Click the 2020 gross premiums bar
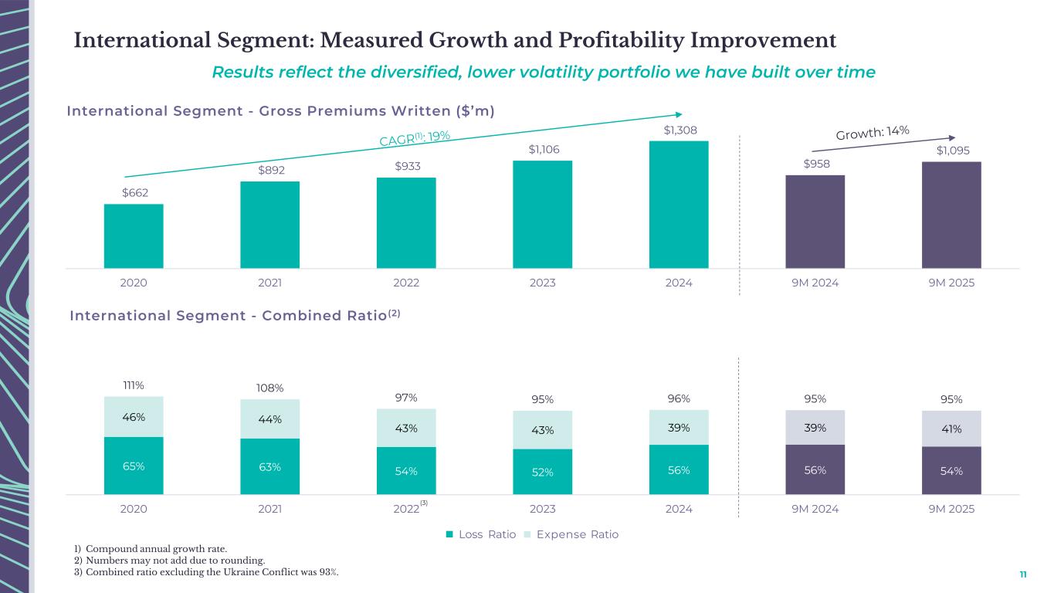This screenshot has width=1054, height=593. [134, 236]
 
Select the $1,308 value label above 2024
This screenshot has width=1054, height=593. [679, 130]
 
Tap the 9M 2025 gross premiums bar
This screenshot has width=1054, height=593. [951, 215]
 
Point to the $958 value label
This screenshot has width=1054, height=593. [815, 164]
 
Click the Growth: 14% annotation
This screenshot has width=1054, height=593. [873, 133]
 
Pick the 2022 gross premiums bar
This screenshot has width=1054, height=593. [406, 223]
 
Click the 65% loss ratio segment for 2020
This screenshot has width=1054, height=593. [134, 466]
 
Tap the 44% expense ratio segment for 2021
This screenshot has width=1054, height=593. [269, 419]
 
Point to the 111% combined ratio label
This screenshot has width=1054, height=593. [134, 385]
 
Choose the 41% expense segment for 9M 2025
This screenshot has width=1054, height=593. [951, 429]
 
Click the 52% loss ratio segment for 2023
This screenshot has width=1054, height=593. [542, 472]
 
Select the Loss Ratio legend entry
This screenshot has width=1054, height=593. [481, 534]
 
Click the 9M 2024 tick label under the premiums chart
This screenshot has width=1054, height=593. [815, 283]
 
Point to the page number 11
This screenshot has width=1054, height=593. [1023, 574]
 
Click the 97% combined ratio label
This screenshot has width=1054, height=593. [406, 398]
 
